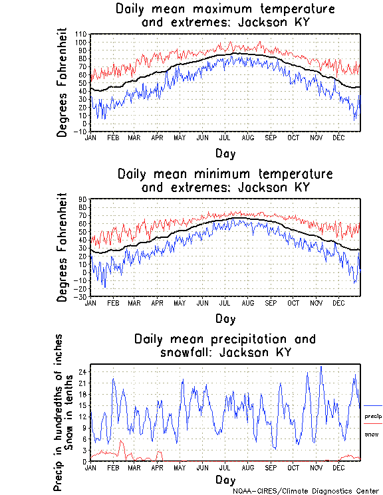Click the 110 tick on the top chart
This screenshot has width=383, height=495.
click(80, 34)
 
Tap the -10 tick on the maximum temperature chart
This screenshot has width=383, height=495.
click(80, 132)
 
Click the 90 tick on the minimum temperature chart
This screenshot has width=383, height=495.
click(82, 199)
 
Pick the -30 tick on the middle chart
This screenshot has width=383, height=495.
click(80, 296)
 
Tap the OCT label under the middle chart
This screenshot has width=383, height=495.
click(293, 302)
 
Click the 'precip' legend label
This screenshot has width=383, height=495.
click(372, 416)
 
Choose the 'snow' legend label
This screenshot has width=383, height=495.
click(371, 434)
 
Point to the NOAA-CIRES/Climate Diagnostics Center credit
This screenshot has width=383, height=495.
click(307, 491)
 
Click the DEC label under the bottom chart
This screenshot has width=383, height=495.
click(338, 467)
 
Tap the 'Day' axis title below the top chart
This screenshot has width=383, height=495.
click(225, 153)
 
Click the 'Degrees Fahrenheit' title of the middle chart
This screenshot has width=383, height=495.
click(63, 247)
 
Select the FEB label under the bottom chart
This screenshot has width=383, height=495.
click(112, 467)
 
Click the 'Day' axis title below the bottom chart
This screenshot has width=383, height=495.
click(225, 480)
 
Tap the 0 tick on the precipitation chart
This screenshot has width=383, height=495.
click(84, 461)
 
